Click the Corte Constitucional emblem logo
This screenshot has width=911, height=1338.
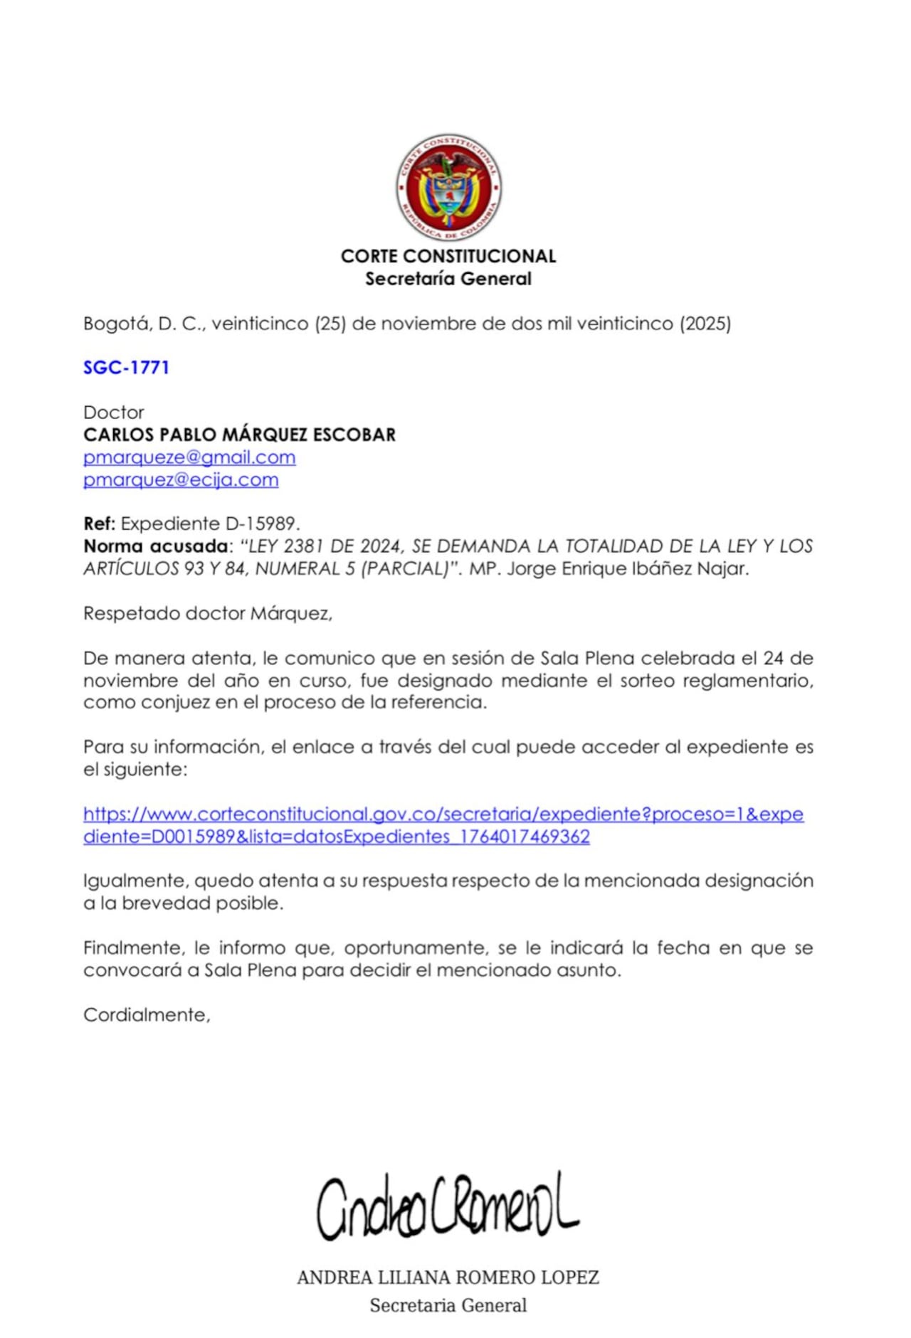pos(448,187)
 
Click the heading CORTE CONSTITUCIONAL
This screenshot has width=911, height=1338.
pos(448,256)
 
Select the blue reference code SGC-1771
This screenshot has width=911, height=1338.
pos(126,368)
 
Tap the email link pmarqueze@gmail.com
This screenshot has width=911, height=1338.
pos(189,457)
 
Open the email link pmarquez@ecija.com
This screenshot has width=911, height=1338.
pos(181,480)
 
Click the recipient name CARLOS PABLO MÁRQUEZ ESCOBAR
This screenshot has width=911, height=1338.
pos(239,435)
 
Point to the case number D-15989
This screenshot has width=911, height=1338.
pos(261,524)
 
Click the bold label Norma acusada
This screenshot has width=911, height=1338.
pos(156,546)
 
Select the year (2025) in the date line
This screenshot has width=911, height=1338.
pos(705,324)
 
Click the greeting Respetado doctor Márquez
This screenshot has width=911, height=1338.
pos(207,613)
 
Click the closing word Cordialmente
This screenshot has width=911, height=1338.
pos(146,1015)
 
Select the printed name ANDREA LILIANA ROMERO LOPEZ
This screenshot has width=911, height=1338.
pos(448,1278)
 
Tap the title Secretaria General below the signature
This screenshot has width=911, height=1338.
pos(448,1305)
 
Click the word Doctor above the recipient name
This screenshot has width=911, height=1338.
pos(114,413)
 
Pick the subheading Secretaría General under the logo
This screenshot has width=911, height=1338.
pos(448,279)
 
